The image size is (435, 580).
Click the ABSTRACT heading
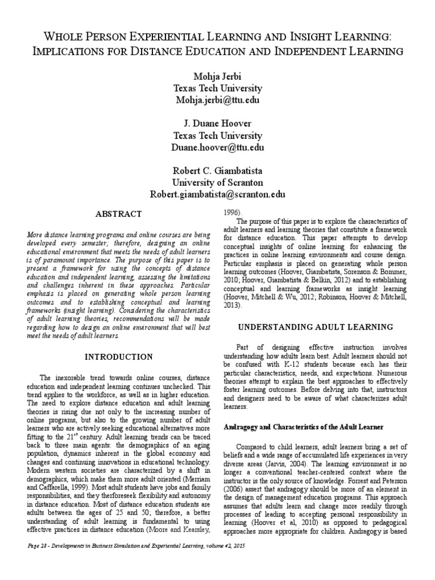[118, 214]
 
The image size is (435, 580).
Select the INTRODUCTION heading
[118, 357]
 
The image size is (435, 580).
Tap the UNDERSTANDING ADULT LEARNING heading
[315, 327]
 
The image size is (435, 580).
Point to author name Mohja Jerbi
[218, 76]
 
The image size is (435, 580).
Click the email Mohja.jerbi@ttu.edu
[218, 100]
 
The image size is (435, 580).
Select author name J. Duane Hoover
[218, 124]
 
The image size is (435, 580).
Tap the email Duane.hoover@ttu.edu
[218, 148]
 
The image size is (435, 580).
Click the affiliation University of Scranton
[218, 183]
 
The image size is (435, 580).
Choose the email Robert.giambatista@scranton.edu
[218, 195]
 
